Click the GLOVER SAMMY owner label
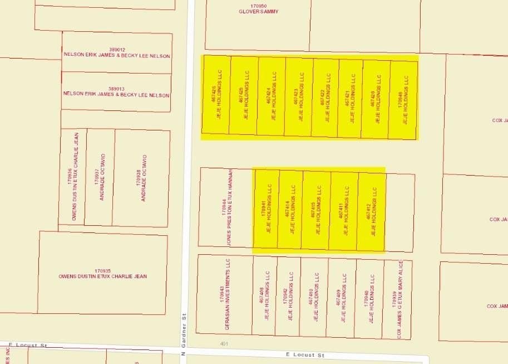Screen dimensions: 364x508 258,12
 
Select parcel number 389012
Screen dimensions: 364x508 117,50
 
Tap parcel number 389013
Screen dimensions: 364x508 116,89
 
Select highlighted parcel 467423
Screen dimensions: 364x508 299,96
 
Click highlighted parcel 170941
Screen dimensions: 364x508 267,208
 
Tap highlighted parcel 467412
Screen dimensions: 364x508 371,211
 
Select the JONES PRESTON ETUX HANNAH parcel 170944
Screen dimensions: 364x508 225,206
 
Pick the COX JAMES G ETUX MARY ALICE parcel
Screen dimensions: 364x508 397,299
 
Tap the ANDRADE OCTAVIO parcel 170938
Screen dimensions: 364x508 141,178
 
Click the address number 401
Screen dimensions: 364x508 224,344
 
